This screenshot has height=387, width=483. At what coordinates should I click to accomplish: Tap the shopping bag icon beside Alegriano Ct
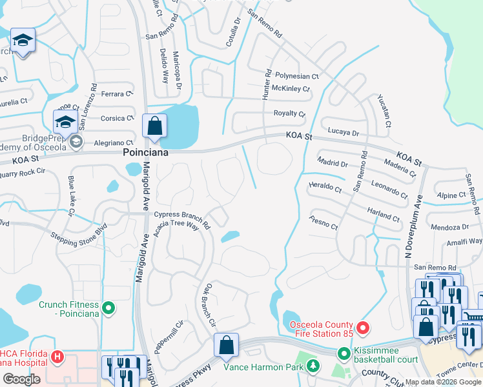click(155, 126)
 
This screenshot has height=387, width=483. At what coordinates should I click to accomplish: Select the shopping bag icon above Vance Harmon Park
click(227, 346)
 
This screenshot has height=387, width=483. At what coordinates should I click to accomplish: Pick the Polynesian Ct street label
click(297, 76)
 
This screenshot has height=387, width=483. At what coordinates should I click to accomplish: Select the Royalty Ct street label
click(289, 114)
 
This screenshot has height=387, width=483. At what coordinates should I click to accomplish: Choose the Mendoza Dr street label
click(449, 227)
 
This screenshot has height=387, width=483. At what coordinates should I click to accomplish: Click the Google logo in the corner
click(21, 379)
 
